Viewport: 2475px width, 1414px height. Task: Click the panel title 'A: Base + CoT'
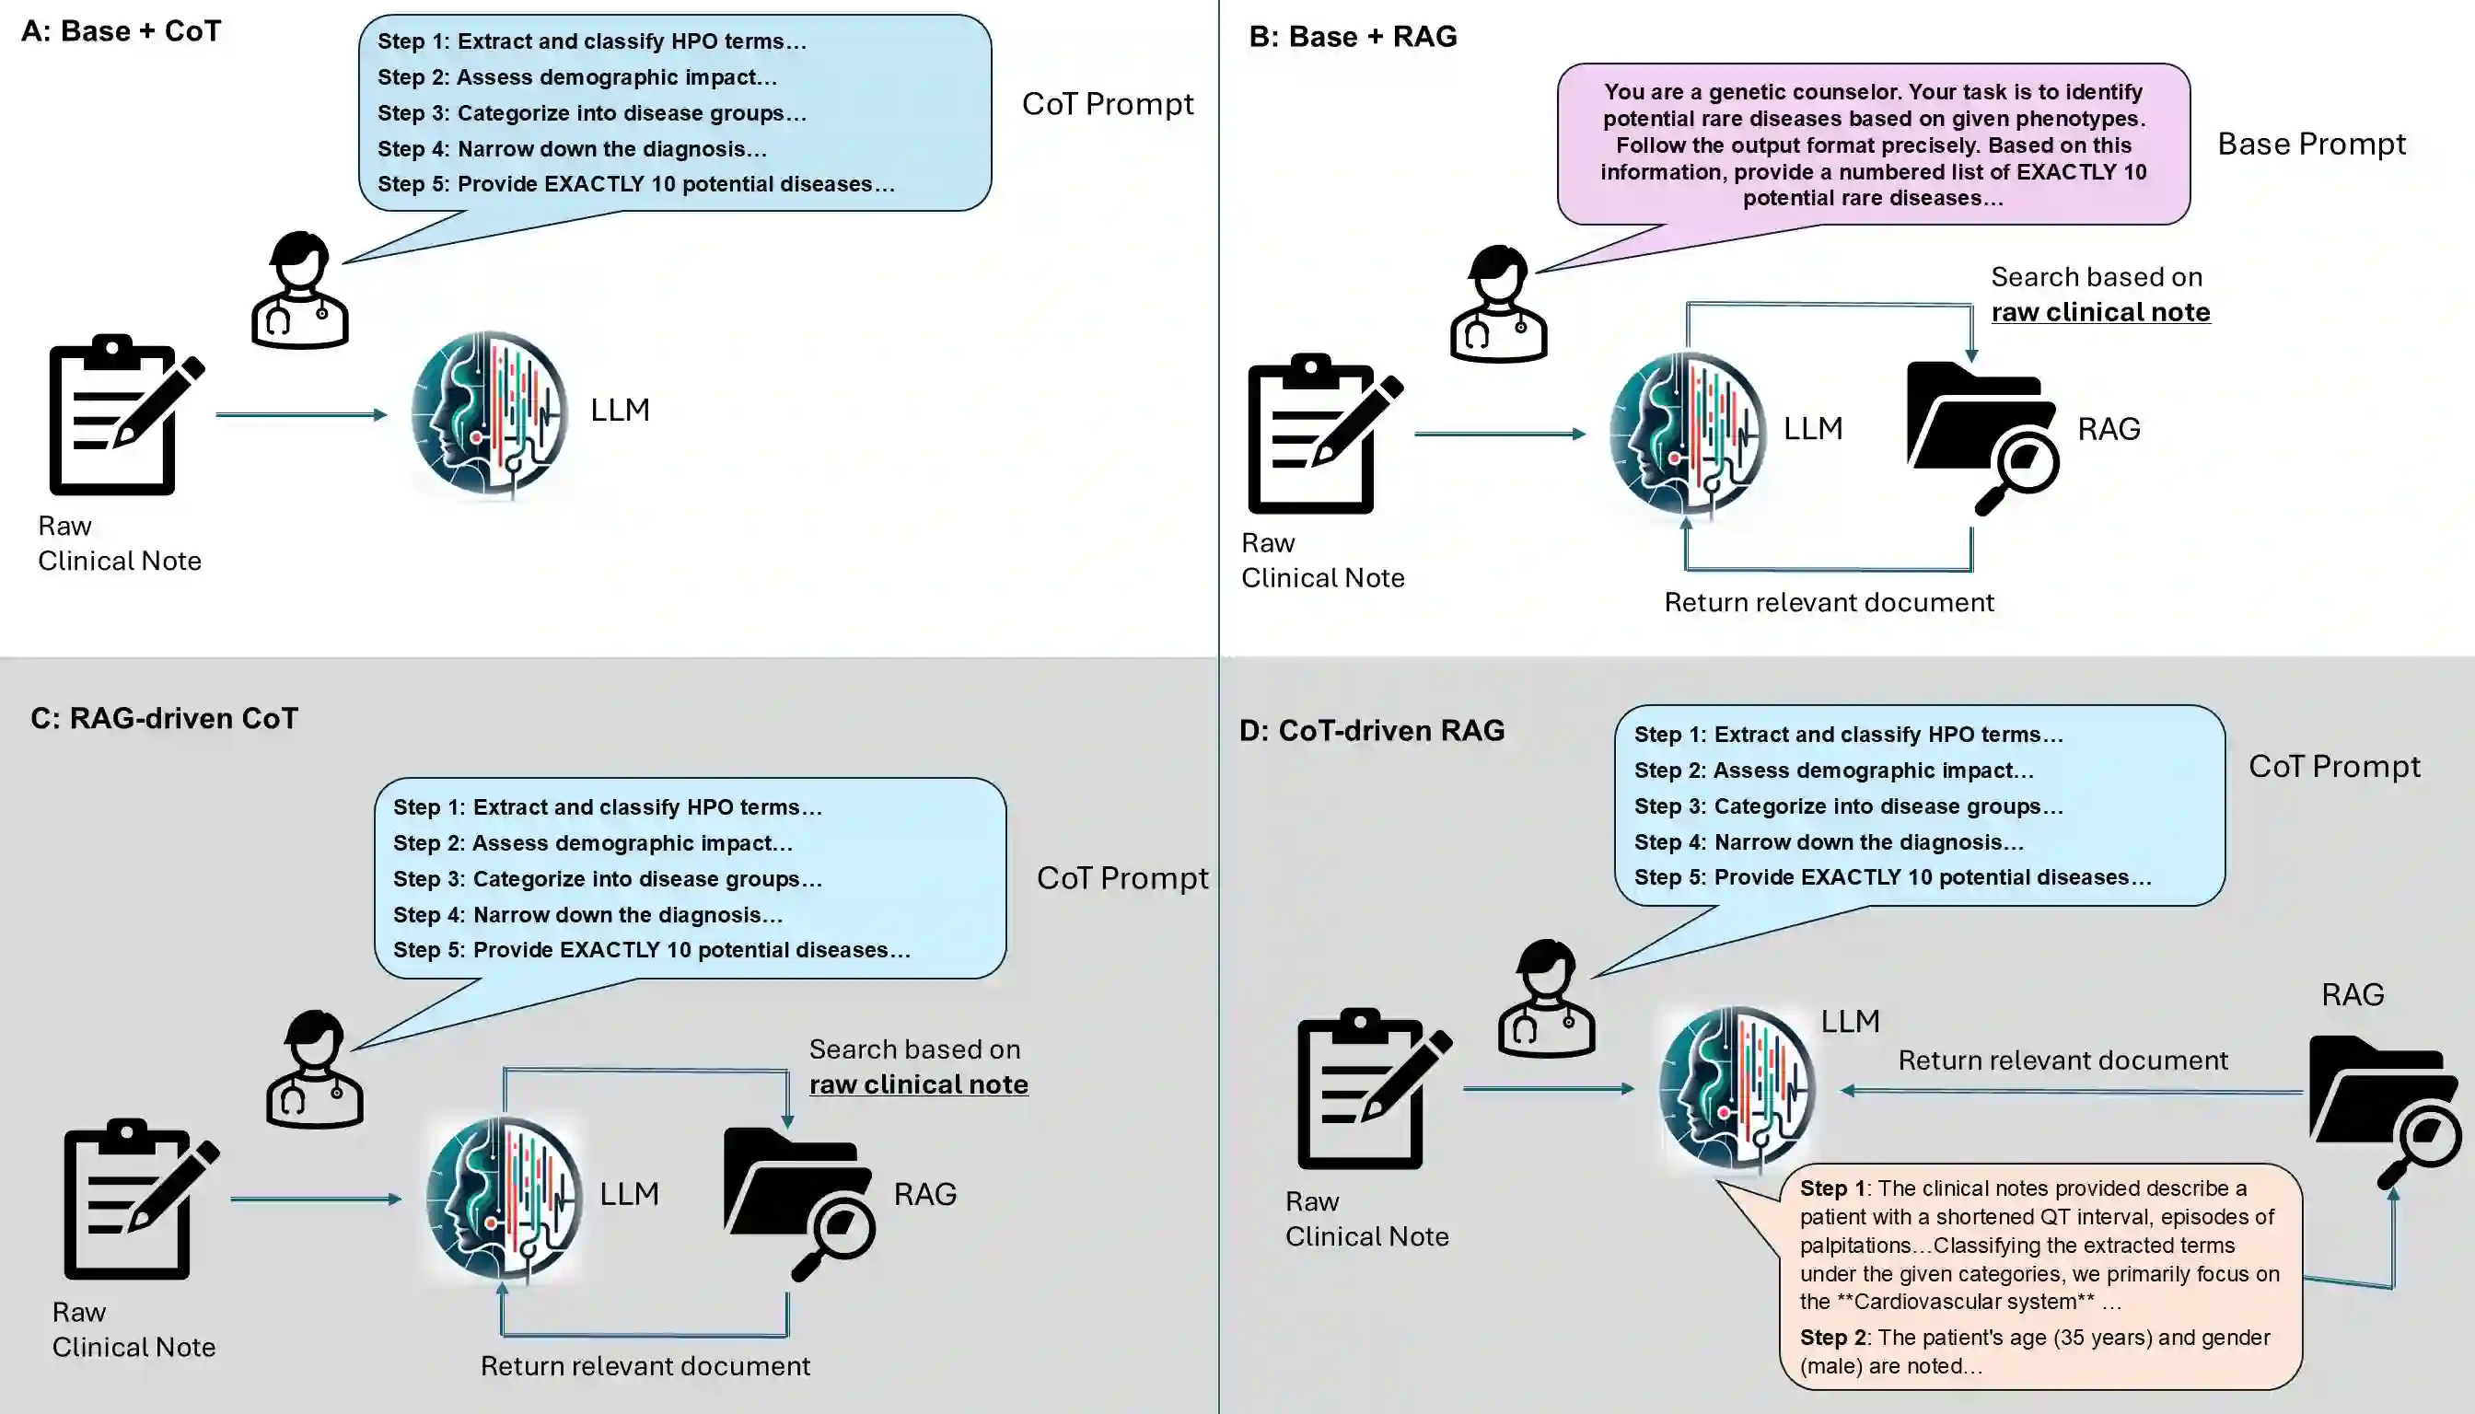[x=122, y=31]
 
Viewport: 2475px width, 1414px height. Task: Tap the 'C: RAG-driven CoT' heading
[x=164, y=719]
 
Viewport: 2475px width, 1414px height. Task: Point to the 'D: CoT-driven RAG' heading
[x=1372, y=730]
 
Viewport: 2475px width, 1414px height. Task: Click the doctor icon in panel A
[x=299, y=290]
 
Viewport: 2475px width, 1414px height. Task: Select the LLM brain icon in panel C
[x=505, y=1197]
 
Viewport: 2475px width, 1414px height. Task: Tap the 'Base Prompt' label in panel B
[x=2311, y=145]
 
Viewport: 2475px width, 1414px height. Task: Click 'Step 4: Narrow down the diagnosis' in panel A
[x=572, y=148]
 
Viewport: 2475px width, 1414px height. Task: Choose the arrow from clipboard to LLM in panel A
[x=301, y=414]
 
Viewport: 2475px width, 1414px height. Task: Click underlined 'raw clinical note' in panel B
[x=2100, y=312]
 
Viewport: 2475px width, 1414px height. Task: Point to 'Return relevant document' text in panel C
[x=645, y=1365]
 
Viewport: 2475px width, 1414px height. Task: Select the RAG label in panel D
[x=2352, y=994]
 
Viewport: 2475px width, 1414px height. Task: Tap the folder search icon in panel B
[x=1981, y=435]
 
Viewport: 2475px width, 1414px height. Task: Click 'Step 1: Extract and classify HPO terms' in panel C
[x=607, y=807]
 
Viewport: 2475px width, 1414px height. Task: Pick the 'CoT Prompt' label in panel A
[x=1108, y=104]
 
